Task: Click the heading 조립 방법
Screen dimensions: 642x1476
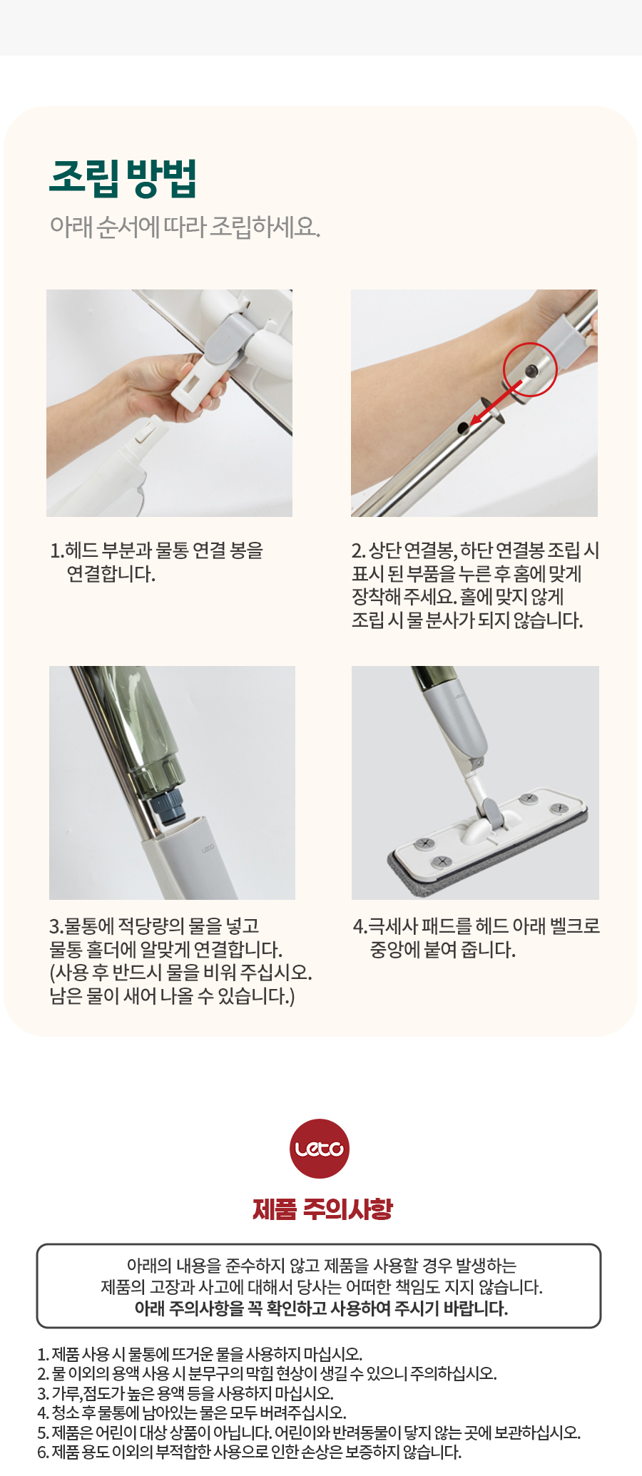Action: click(123, 178)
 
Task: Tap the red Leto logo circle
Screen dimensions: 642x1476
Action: click(320, 1148)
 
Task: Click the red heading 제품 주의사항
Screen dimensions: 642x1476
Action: click(322, 1209)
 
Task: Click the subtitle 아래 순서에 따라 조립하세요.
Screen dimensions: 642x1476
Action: click(185, 227)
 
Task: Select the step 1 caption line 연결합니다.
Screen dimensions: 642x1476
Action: click(111, 574)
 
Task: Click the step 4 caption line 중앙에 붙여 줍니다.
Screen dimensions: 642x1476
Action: click(442, 950)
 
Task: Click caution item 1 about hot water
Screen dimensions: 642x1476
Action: click(200, 1353)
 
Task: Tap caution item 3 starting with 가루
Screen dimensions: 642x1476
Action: click(185, 1393)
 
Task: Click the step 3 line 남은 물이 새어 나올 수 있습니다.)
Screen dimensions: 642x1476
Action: click(172, 996)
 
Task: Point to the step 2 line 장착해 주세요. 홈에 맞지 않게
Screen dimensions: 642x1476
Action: click(458, 597)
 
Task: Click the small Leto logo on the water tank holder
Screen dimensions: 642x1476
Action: click(208, 849)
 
